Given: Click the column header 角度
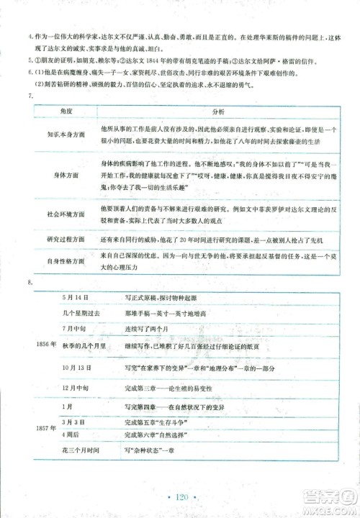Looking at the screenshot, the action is [x=66, y=112].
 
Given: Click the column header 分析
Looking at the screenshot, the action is [x=220, y=112].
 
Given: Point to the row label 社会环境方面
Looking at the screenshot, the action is [x=66, y=214].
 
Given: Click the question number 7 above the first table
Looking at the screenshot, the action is [x=29, y=96].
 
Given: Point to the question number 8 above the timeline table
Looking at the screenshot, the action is [x=29, y=281].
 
